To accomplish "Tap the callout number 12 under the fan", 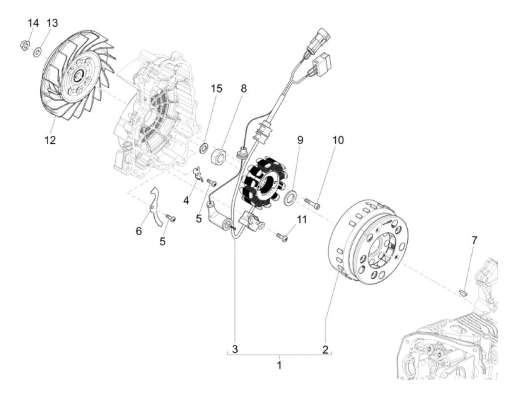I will pyautogui.click(x=50, y=140).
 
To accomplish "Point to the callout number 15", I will pyautogui.click(x=216, y=89).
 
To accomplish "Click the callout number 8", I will pyautogui.click(x=244, y=89).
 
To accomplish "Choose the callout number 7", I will pyautogui.click(x=474, y=240).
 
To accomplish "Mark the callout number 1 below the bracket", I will pyautogui.click(x=279, y=365).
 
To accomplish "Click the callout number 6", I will pyautogui.click(x=139, y=231).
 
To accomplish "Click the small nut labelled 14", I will pyautogui.click(x=23, y=46).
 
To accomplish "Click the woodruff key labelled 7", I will pyautogui.click(x=465, y=291).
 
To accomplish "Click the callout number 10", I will pyautogui.click(x=338, y=140).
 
